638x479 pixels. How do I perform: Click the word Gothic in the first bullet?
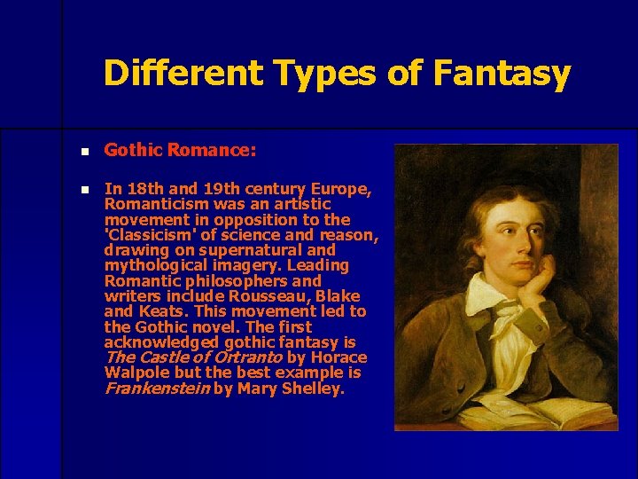coord(130,151)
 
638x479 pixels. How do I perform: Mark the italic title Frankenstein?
coord(156,389)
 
